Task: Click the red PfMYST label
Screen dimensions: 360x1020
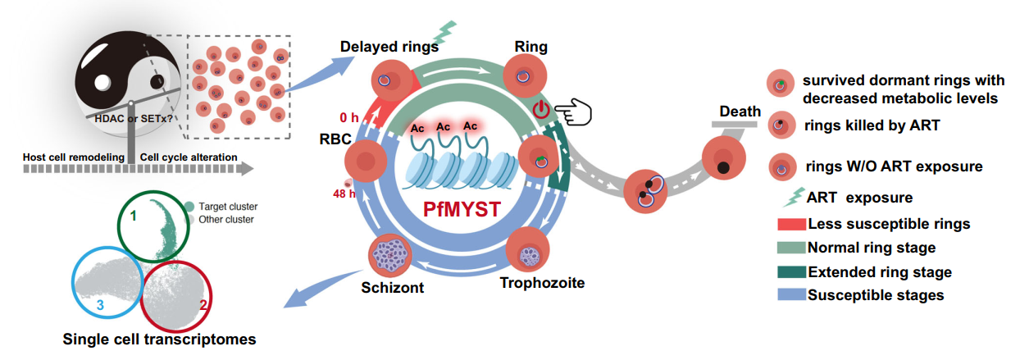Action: [x=463, y=209]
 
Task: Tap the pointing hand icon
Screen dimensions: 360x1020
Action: [x=573, y=110]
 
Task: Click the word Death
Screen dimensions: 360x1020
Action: [x=740, y=112]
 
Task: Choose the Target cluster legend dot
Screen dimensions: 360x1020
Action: [x=189, y=207]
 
